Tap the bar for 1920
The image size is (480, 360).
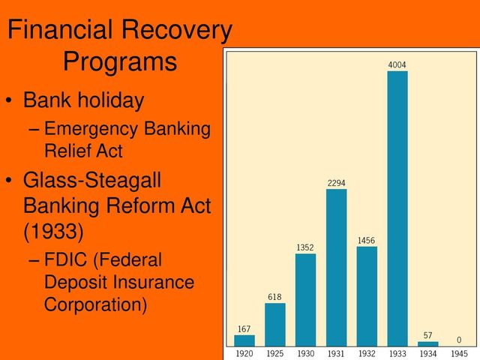[x=244, y=340]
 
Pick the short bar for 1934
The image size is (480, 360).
[x=428, y=344]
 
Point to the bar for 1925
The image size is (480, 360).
[x=275, y=325]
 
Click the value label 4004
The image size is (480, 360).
[x=397, y=65]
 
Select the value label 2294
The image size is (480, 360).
[x=336, y=183]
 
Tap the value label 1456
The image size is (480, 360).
[x=367, y=241]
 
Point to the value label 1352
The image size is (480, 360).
[x=305, y=247]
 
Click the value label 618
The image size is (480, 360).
[x=275, y=297]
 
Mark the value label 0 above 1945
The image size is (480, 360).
[x=459, y=340]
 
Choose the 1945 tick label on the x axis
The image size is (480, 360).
[x=459, y=353]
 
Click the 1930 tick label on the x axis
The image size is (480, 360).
[x=305, y=353]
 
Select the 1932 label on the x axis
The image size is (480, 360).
[x=367, y=353]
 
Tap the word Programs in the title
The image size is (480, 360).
[x=120, y=61]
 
